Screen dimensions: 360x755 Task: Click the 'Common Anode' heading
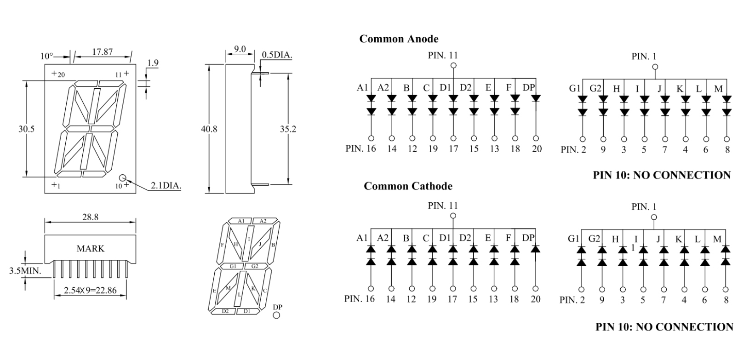[399, 39]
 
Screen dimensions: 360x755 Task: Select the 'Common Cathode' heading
[408, 186]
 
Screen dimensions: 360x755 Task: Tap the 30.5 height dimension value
[26, 129]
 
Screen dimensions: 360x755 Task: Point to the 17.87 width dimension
[102, 52]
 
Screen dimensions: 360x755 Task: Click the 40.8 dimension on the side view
[209, 129]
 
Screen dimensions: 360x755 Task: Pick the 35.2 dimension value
[288, 129]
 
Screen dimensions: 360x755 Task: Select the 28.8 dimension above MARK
[90, 217]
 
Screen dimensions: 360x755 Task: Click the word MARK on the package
[90, 249]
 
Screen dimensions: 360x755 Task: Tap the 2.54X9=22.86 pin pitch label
[90, 291]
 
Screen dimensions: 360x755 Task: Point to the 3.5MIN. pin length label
[25, 271]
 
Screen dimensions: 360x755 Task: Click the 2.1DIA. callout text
[166, 186]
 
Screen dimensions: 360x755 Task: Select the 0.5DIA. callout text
[277, 55]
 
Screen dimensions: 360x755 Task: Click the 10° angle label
[47, 57]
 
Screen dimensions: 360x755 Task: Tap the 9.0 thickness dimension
[240, 49]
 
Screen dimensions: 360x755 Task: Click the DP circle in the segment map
[276, 315]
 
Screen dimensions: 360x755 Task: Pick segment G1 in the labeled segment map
[233, 266]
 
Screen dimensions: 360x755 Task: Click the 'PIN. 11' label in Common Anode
[443, 56]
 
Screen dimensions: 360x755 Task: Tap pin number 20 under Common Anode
[536, 149]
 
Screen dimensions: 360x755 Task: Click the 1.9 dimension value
[153, 63]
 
